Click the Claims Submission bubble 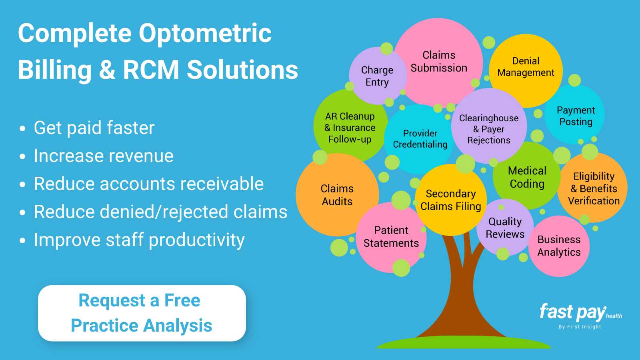(439, 62)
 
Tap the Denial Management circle (526, 67)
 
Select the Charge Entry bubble (377, 76)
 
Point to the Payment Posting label (576, 116)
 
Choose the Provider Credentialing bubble (420, 139)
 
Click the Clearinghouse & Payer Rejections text (488, 129)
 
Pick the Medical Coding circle (527, 177)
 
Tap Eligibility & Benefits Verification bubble (594, 188)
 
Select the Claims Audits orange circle (337, 195)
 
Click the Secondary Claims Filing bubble (450, 200)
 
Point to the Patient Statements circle (391, 237)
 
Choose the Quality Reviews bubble (505, 228)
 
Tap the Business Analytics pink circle (559, 246)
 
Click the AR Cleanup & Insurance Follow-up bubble (350, 128)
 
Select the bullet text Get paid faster (94, 128)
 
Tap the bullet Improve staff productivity (139, 240)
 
